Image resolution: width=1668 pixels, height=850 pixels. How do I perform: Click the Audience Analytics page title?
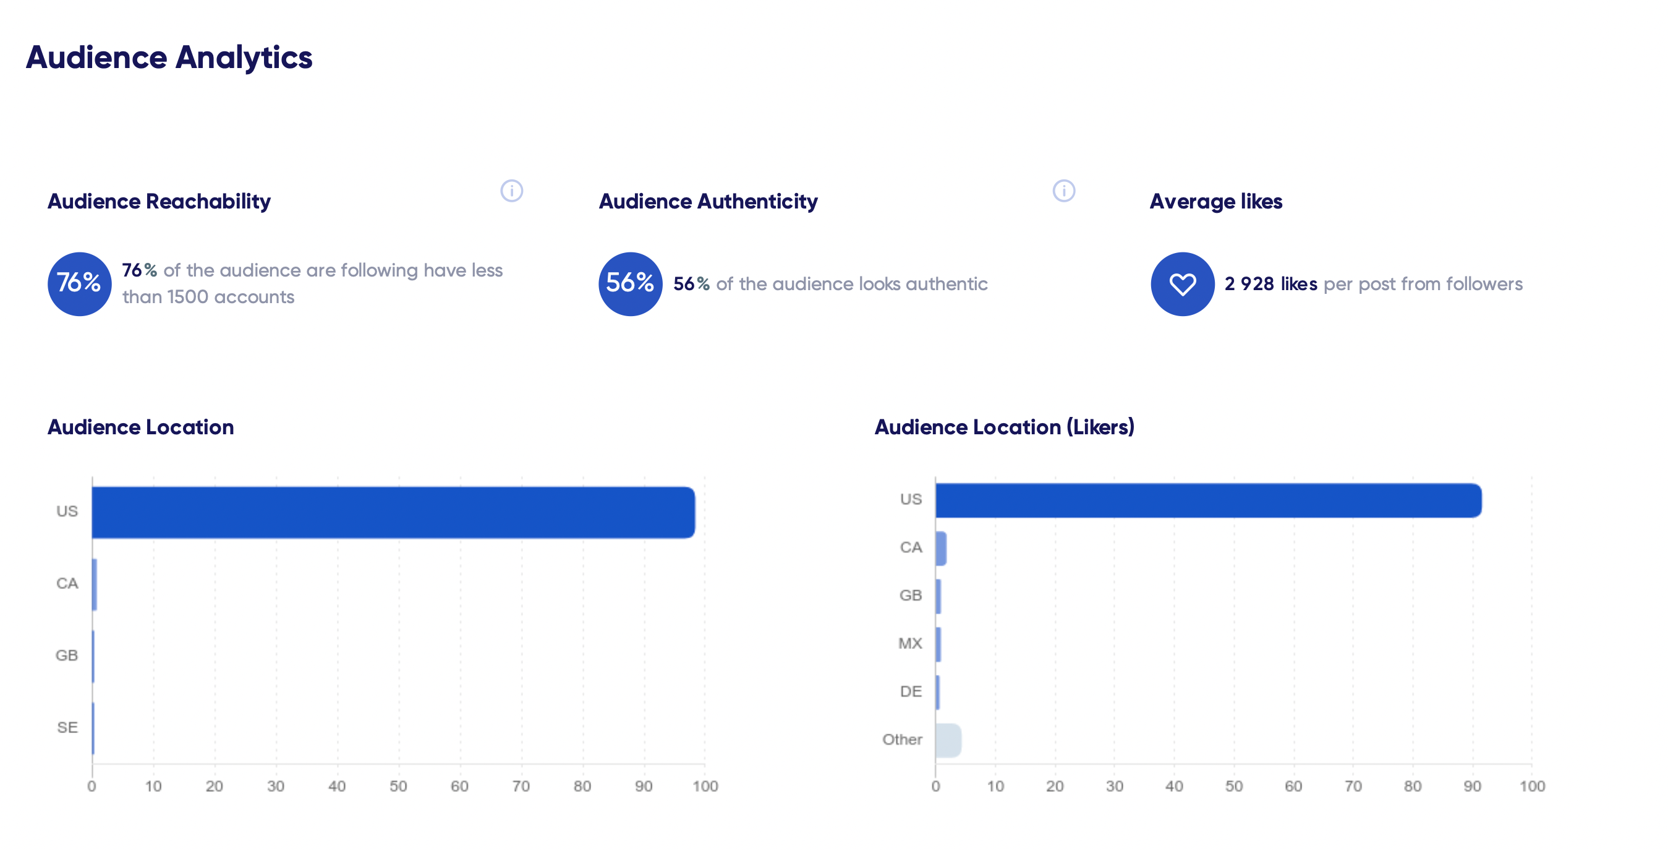click(x=169, y=58)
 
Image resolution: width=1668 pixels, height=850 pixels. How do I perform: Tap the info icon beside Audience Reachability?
click(x=511, y=191)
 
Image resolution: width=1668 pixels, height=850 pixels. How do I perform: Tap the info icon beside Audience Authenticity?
click(x=1063, y=191)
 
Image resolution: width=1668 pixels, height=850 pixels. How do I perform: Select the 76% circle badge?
click(x=80, y=284)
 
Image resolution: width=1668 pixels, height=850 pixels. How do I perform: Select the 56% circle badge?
click(x=630, y=284)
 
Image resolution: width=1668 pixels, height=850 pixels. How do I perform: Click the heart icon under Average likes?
click(x=1181, y=284)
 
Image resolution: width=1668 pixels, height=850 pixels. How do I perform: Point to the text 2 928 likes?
click(x=1270, y=284)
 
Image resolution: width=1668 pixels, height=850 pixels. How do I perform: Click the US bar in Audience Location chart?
click(x=393, y=512)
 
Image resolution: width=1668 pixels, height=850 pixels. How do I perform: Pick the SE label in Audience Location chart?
click(x=67, y=728)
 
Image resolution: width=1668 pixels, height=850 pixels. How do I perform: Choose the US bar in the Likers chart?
click(x=1208, y=500)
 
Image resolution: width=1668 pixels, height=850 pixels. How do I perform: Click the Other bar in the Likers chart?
click(x=948, y=741)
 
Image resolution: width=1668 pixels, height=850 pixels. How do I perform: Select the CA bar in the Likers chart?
click(x=941, y=549)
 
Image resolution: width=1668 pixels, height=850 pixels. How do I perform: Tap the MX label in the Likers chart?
click(x=910, y=643)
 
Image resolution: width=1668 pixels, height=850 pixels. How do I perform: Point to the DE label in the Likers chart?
click(x=911, y=691)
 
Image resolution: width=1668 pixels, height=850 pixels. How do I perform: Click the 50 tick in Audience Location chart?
click(x=398, y=786)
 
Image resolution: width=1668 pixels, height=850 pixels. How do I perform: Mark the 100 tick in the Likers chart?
click(x=1532, y=786)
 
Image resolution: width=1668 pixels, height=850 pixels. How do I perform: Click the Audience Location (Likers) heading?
click(x=1004, y=427)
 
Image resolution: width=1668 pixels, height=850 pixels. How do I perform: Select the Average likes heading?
click(x=1215, y=202)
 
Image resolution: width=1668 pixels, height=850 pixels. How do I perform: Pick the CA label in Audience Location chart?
click(x=67, y=583)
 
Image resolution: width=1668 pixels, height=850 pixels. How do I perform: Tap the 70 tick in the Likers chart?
click(x=1353, y=786)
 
